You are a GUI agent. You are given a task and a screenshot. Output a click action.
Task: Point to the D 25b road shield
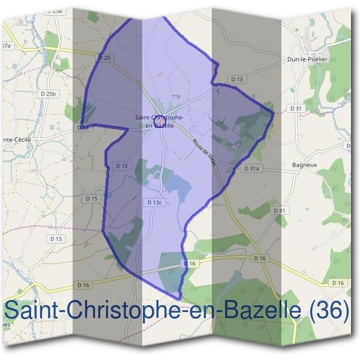[48, 94]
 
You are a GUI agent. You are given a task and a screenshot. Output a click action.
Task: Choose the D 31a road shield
[251, 169]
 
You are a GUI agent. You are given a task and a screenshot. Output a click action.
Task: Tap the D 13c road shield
[155, 203]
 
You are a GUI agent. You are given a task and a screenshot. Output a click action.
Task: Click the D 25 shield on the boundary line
[104, 58]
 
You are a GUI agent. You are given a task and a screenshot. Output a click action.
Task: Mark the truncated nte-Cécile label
[16, 139]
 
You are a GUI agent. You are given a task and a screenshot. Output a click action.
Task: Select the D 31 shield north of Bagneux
[295, 108]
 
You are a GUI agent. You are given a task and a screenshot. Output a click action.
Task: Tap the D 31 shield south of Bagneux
[280, 211]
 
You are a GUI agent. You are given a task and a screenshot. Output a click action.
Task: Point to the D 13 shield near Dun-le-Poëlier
[237, 79]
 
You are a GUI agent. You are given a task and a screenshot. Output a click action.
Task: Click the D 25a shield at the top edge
[56, 10]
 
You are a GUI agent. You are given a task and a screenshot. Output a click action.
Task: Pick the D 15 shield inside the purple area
[121, 166]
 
